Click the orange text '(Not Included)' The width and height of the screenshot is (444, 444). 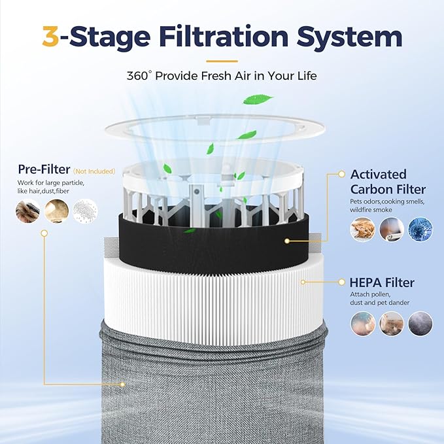coord(94,171)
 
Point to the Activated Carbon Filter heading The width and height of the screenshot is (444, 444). coord(379,181)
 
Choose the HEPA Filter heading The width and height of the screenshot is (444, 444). coord(382,282)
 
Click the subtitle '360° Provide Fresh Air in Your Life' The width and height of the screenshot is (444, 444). coord(222,75)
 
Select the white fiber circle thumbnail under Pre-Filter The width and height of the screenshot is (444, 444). coord(85,211)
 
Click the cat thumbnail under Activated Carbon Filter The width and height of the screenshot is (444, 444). coord(362,230)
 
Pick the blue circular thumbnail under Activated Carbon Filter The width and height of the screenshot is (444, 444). coord(420,230)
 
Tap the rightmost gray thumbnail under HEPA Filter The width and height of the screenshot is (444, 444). coord(420,323)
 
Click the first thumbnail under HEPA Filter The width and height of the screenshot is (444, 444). coord(362,323)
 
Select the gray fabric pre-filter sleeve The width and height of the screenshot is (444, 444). coord(216,392)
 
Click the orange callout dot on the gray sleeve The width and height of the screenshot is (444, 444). coord(122,384)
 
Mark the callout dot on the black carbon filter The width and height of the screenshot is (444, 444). coord(286,241)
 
